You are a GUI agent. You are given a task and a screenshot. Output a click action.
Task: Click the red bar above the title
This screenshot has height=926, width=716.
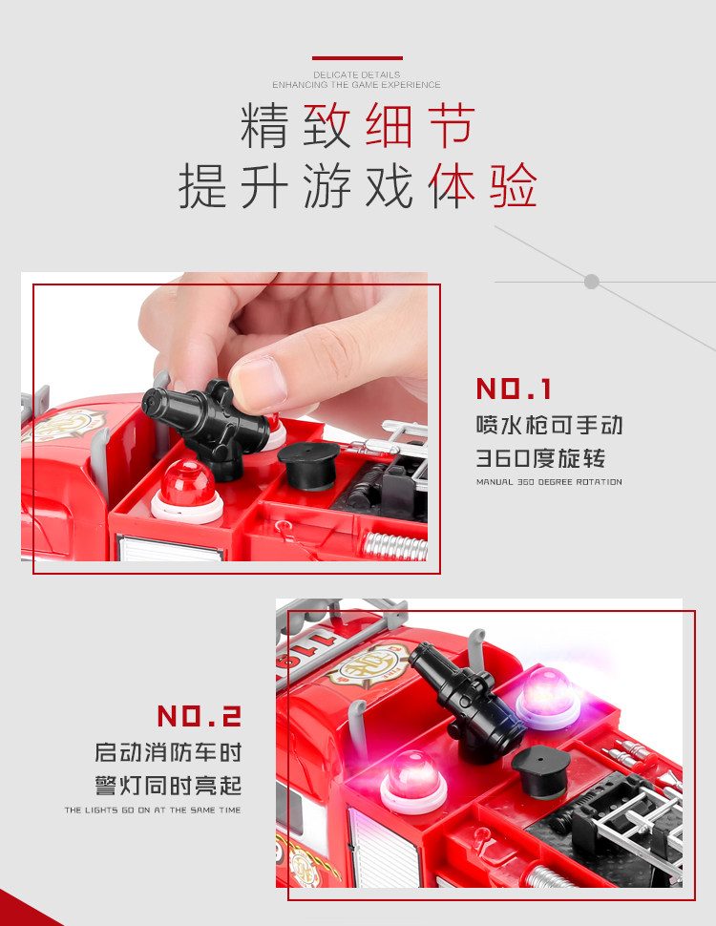pos(357,58)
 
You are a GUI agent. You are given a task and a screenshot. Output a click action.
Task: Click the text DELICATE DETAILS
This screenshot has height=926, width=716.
pos(356,75)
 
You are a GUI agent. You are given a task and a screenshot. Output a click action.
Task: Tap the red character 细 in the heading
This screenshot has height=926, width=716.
pos(389,125)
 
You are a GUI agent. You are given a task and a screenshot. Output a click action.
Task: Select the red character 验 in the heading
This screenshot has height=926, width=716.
pos(513,185)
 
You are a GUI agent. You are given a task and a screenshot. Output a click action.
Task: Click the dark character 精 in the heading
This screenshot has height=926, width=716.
pos(264,125)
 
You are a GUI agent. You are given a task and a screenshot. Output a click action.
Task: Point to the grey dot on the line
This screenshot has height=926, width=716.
pos(591,282)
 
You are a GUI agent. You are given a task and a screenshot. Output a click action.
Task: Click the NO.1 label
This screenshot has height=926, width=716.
pos(514,389)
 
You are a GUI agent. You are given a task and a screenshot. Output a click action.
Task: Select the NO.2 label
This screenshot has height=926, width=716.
pos(200,716)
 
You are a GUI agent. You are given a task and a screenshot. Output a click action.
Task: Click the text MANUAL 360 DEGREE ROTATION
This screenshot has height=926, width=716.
pos(549,482)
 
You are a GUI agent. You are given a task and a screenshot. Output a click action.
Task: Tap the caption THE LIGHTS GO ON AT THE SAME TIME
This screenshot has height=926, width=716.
pos(153,810)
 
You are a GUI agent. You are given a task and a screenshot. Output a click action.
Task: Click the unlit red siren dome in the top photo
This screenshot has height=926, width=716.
pos(187,490)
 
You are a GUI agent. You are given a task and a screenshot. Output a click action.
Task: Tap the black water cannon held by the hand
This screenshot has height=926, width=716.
pos(205,425)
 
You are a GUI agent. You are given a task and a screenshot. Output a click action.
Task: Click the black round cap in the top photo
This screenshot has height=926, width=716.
pos(308,465)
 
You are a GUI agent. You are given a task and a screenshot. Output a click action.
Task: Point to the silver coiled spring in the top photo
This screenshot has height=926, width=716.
pos(394,546)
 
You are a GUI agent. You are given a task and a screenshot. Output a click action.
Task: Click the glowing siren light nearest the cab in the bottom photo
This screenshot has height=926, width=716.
pos(413,781)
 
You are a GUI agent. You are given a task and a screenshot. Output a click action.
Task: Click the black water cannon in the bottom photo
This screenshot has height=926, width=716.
pos(467,702)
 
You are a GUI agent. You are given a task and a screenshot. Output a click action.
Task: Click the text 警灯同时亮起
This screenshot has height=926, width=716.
pos(168,786)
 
